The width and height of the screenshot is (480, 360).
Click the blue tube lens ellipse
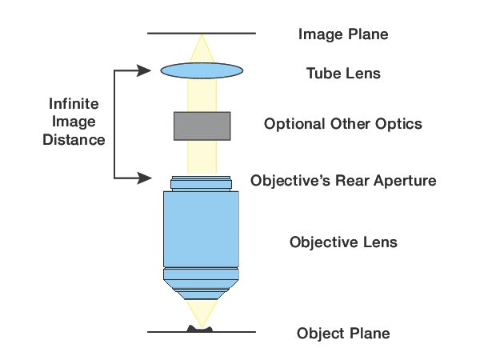(x=202, y=71)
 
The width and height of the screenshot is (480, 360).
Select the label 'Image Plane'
(x=342, y=34)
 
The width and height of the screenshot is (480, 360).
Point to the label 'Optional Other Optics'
(x=342, y=124)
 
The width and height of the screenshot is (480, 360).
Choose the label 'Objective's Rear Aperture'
(x=343, y=180)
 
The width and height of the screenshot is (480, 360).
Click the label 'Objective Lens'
(x=342, y=242)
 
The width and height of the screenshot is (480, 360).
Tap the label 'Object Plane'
(x=342, y=333)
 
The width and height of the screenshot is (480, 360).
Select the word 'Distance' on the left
(x=75, y=140)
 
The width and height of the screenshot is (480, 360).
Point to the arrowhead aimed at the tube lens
(x=146, y=70)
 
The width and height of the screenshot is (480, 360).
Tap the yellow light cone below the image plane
(x=202, y=46)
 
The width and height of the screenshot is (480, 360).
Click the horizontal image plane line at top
(x=168, y=34)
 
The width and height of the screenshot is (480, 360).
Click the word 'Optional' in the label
(x=293, y=124)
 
